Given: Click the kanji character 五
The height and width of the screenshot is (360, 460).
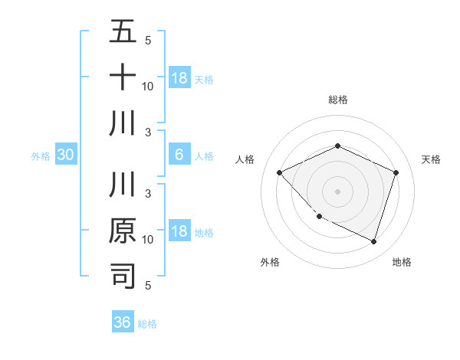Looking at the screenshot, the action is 123,32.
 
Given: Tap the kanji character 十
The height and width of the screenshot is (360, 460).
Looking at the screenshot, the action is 123,78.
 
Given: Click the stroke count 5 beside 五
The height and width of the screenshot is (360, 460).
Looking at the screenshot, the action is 148,40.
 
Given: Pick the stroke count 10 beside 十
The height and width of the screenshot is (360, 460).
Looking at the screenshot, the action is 148,86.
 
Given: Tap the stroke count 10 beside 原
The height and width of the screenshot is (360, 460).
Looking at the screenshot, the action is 148,239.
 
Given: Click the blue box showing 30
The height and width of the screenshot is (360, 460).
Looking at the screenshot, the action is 65,155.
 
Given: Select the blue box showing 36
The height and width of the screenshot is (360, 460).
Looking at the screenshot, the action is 123,322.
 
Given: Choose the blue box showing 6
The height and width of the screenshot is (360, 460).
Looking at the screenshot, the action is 179,155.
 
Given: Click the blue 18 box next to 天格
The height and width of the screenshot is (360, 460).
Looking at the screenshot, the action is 179,78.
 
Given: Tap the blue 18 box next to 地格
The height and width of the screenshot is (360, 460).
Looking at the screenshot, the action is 179,231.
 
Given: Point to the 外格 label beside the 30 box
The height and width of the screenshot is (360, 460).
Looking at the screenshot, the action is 41,156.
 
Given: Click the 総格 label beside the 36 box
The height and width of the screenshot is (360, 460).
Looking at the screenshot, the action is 147,323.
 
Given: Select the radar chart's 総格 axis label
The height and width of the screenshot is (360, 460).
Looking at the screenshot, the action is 337,100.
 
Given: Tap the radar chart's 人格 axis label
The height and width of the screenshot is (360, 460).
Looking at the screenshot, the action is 245,159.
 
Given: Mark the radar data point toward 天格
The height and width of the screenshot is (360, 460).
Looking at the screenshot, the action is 396,172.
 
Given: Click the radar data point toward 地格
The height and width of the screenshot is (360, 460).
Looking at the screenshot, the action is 373,241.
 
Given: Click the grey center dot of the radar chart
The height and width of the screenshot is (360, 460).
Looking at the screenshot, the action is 337,191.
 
